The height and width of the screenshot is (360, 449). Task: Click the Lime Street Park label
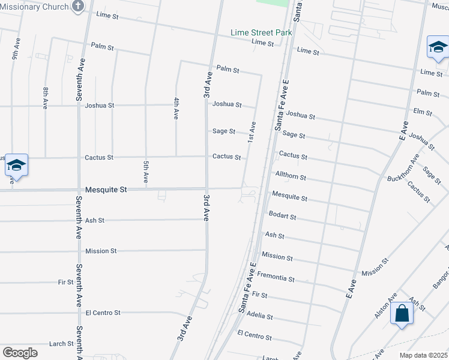(261, 32)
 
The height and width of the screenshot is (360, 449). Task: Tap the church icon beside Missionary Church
(78, 7)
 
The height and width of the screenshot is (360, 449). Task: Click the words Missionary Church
(34, 7)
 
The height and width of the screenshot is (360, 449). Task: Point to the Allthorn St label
(291, 178)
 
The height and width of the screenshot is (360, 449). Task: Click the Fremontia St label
(276, 279)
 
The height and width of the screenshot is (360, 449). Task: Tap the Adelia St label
(260, 316)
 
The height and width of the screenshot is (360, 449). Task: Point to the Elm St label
(423, 112)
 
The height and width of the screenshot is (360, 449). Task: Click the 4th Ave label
(176, 108)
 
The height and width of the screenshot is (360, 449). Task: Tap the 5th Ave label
(146, 172)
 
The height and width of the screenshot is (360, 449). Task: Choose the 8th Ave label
(45, 97)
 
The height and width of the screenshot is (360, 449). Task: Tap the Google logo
(20, 353)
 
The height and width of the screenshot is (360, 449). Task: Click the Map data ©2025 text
(424, 355)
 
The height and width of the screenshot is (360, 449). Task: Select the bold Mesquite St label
(106, 190)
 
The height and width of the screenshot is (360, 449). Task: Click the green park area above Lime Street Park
(273, 2)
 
